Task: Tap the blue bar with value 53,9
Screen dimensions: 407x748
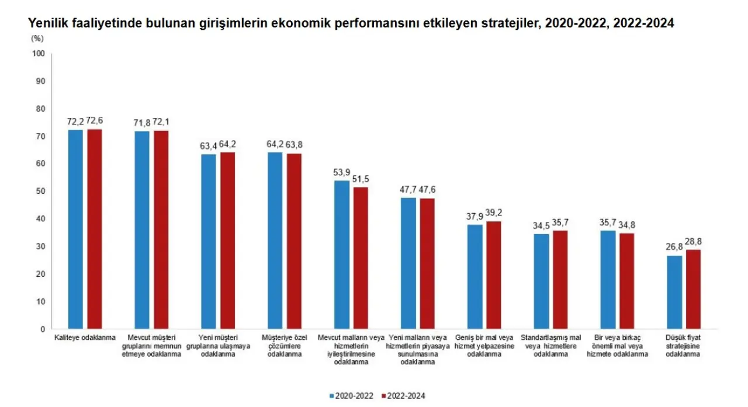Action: [x=342, y=255]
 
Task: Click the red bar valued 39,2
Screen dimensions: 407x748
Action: [x=494, y=275]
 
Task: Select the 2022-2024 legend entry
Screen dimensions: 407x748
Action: [x=403, y=396]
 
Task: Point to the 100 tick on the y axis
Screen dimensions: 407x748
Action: [x=39, y=54]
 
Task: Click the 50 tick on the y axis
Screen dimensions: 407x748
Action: [x=41, y=192]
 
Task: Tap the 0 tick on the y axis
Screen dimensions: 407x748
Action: [x=43, y=329]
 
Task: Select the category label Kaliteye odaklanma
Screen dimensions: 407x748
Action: [x=85, y=338]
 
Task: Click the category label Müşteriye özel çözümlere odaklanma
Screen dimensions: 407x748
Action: [x=284, y=346]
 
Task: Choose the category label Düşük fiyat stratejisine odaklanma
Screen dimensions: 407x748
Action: [x=683, y=346]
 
